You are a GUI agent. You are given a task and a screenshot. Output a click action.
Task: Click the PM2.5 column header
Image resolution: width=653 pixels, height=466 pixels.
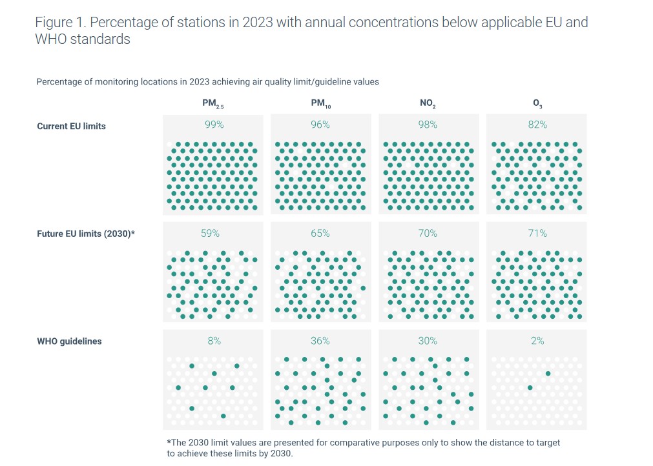(213, 103)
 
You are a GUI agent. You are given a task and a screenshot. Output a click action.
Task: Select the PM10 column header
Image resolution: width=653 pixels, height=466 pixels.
(320, 103)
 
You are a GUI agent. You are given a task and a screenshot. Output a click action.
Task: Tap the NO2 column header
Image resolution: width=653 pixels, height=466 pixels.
(428, 103)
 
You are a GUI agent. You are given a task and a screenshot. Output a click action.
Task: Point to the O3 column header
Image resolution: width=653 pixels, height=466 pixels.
(537, 103)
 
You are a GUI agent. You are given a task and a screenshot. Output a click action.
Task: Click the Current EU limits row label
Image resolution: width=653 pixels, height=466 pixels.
(71, 126)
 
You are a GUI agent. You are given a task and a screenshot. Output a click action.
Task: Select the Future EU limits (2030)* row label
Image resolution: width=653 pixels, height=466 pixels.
(86, 234)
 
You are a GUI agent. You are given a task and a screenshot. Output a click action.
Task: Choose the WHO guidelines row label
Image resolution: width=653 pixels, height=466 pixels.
(69, 341)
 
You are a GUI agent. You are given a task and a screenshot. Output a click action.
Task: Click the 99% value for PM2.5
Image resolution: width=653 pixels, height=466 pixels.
(214, 125)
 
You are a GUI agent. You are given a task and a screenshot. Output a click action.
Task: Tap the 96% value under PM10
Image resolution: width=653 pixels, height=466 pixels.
(320, 125)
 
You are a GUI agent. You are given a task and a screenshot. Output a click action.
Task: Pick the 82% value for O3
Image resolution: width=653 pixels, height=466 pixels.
(537, 125)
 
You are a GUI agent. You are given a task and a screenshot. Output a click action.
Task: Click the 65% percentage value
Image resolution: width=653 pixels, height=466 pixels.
(320, 233)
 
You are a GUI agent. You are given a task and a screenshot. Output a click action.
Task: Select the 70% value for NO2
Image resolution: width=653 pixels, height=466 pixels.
(428, 233)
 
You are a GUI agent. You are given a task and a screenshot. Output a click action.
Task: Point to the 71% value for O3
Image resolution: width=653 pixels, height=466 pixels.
(537, 233)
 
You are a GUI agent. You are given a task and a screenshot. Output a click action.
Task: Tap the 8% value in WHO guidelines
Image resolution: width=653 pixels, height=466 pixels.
(214, 340)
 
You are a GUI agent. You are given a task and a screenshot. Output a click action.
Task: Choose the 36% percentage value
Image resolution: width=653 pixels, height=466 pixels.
(320, 340)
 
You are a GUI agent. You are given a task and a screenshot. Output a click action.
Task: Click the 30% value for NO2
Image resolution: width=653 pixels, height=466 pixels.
(428, 340)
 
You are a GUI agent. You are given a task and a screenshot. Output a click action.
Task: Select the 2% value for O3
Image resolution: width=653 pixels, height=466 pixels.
(537, 340)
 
